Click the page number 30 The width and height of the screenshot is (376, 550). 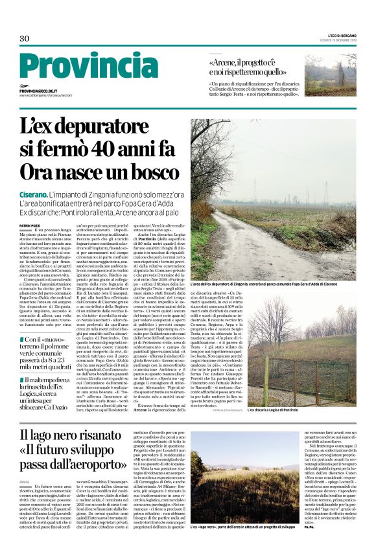point(25,39)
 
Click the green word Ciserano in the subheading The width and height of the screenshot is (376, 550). point(32,195)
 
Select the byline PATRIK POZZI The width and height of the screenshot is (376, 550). point(29,223)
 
